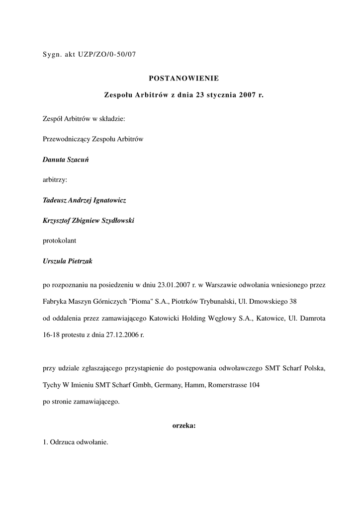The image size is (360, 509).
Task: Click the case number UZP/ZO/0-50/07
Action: tap(107, 55)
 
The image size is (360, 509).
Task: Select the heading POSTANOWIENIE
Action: tap(184, 78)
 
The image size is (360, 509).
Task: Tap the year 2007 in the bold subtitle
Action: tap(248, 94)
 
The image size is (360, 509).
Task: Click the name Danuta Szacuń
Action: tap(66, 161)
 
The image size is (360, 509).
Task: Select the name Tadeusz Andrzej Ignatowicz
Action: tap(85, 200)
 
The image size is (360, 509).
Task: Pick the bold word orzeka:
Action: tap(184, 425)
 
